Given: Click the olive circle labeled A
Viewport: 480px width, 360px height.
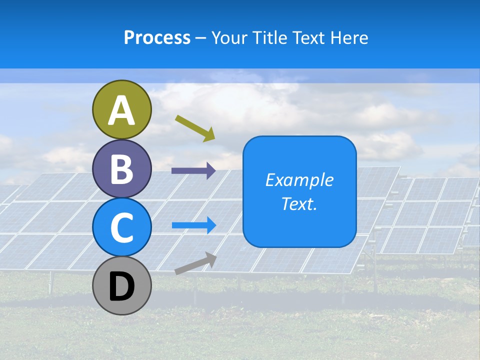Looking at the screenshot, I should click(x=121, y=109).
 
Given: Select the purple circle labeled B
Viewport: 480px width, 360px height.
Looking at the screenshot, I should click(x=121, y=168).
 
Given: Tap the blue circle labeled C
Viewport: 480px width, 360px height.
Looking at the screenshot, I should click(x=121, y=227).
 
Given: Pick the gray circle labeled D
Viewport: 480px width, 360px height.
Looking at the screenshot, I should click(x=121, y=285).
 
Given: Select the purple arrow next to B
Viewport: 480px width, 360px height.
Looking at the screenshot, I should click(x=193, y=171).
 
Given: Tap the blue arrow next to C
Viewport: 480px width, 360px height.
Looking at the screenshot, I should click(x=194, y=225).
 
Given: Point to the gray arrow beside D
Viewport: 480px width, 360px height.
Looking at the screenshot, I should click(x=195, y=263).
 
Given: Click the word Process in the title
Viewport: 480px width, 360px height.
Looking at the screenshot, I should click(x=157, y=37).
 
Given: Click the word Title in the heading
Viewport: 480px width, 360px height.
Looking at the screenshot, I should click(x=267, y=37).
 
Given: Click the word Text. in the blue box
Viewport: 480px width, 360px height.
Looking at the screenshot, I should click(x=299, y=204).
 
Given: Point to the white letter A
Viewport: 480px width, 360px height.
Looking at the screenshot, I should click(x=121, y=110).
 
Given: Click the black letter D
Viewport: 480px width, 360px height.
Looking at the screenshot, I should click(x=121, y=287).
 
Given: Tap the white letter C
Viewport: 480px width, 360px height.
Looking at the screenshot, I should click(x=121, y=228).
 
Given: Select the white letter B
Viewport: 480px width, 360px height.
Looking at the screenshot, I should click(x=121, y=169).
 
